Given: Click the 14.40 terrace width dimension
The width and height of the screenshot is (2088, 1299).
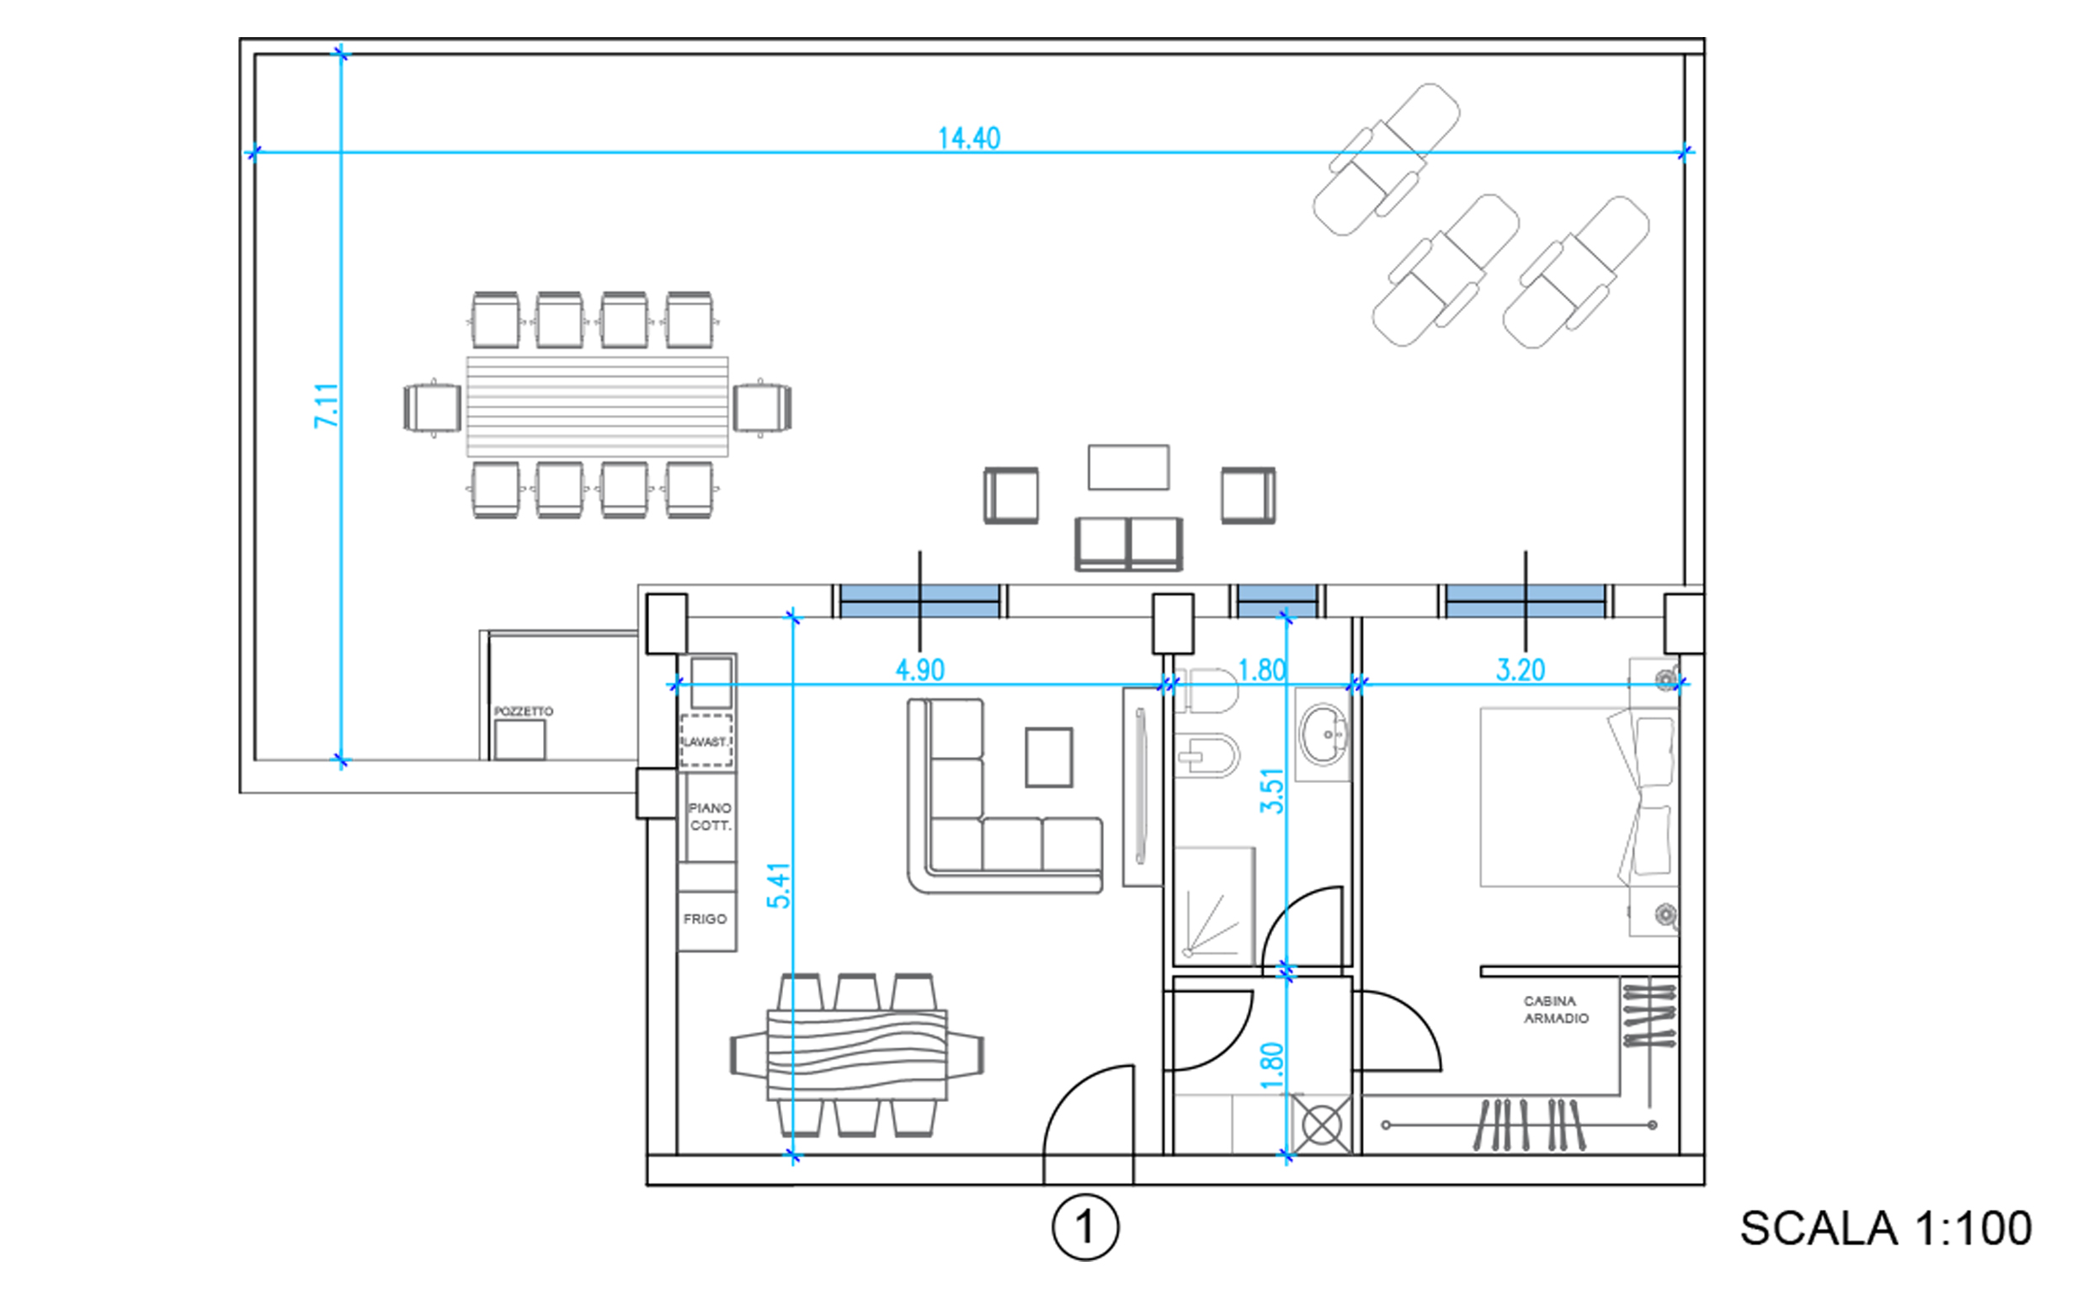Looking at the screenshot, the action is pos(968,138).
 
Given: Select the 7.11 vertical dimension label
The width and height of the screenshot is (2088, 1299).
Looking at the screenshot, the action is pos(327,406).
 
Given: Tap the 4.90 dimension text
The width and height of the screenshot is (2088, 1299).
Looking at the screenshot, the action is pos(919,670).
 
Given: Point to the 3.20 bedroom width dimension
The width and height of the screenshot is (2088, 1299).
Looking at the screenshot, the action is pos(1520,670).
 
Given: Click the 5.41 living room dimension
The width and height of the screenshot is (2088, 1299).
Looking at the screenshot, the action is pos(779,886).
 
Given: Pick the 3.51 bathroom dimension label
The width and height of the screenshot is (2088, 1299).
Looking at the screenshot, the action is pos(1271,791).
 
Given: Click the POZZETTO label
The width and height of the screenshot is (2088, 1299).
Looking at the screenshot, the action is pos(524,711).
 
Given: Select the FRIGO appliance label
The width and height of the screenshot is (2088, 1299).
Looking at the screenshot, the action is pos(705,919).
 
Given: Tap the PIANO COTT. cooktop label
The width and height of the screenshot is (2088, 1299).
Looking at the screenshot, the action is pos(710,817).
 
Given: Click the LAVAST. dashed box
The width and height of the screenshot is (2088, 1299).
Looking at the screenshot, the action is pos(706,741).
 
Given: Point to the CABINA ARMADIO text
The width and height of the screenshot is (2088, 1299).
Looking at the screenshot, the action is pos(1556,1009).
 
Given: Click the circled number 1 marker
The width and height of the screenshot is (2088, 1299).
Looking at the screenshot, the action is pos(1085,1227).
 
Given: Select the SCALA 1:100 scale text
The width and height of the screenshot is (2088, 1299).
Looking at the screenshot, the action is pos(1886,1228).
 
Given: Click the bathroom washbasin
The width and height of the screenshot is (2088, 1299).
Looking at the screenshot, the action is pos(1324,736).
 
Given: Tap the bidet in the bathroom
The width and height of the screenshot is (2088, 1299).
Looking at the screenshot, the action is pos(1207,755).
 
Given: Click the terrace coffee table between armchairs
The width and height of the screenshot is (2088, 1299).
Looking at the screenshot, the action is pos(1128,467).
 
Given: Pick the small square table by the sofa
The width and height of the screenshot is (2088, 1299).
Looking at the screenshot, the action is pos(1048,757).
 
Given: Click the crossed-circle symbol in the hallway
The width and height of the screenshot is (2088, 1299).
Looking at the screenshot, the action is pos(1322,1125).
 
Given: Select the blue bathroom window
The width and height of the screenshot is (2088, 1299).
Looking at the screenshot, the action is pos(1277,601).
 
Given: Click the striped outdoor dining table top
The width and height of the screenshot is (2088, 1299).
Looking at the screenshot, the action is pos(597,407).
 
